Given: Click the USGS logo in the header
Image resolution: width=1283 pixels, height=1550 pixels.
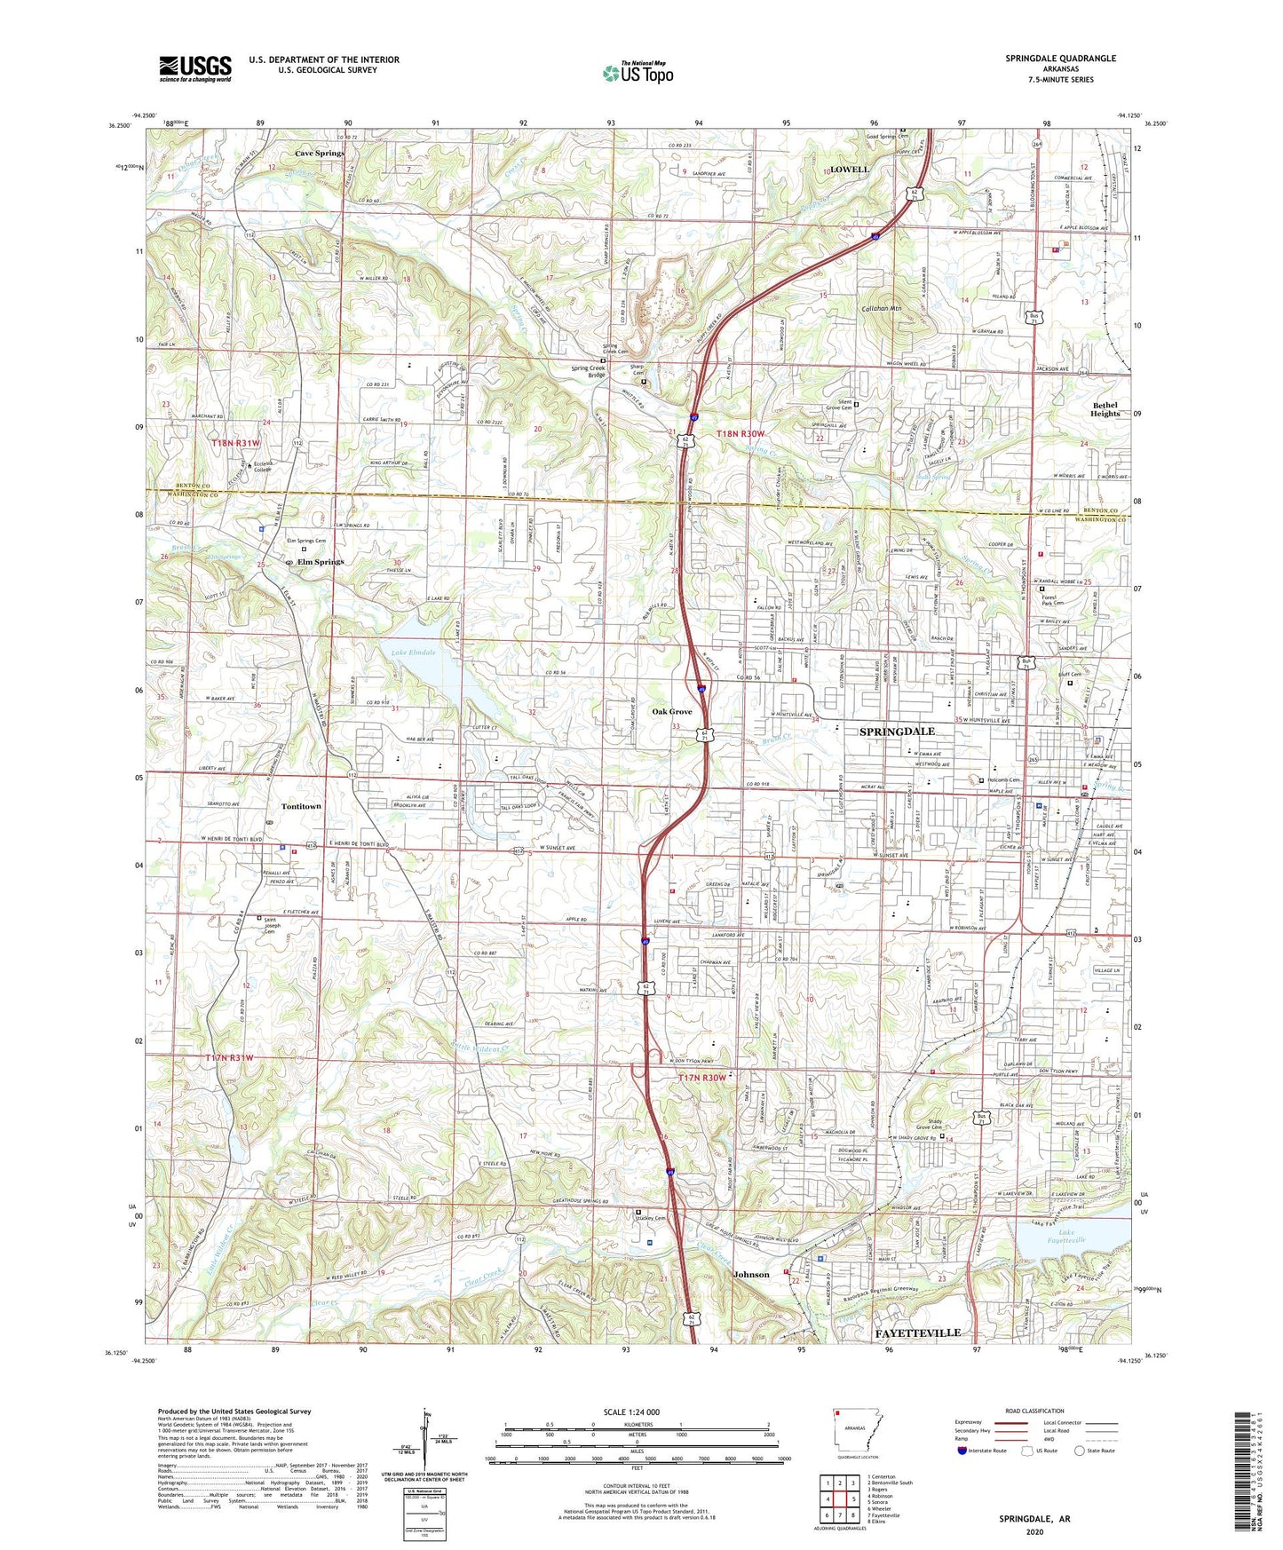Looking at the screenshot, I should [195, 68].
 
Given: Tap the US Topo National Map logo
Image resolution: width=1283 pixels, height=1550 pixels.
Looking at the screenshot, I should [637, 72].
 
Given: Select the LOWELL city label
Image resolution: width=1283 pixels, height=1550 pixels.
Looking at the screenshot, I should [849, 169].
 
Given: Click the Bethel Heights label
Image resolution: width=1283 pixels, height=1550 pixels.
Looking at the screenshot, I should [1105, 409].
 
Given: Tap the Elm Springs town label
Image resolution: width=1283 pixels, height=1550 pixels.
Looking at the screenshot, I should [321, 562].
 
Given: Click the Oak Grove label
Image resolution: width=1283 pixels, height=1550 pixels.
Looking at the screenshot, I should [671, 711].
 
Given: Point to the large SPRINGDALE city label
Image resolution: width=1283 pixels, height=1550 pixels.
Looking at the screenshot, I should [897, 731].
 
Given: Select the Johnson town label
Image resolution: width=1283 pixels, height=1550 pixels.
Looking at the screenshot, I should [751, 1274].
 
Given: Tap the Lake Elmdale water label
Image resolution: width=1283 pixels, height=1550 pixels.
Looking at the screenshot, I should [414, 652].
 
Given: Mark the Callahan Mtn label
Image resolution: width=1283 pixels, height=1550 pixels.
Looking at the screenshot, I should [882, 308].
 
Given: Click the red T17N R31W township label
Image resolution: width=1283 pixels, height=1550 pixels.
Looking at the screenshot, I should [229, 1057].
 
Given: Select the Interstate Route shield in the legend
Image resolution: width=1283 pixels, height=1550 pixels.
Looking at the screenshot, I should [962, 1451].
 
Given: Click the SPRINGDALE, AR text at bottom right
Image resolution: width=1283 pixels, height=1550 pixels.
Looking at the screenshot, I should [1034, 1519].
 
